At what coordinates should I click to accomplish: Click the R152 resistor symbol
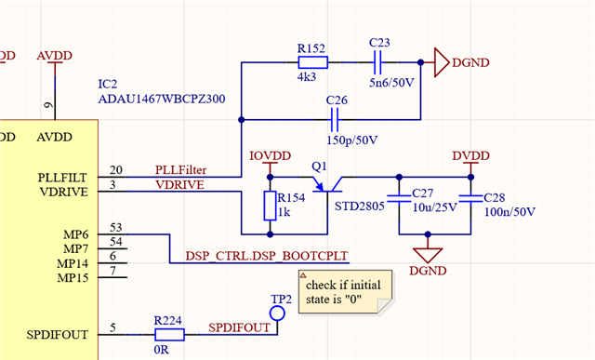(312, 62)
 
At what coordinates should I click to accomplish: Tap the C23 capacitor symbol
(377, 62)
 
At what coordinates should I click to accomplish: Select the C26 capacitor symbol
(335, 120)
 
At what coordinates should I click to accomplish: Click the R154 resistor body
(270, 206)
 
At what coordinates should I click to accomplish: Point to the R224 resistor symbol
(169, 335)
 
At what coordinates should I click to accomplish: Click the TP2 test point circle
(277, 313)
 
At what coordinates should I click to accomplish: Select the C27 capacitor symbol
(399, 200)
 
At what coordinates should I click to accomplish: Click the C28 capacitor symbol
(470, 200)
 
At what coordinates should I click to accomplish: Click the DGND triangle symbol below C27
(428, 255)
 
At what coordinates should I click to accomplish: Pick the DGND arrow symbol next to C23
(442, 62)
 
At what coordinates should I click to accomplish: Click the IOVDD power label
(270, 155)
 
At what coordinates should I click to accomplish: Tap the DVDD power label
(470, 155)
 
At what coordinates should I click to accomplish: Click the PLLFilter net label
(180, 169)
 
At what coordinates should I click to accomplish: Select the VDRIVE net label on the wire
(179, 185)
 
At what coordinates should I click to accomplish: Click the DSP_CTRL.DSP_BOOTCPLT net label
(267, 256)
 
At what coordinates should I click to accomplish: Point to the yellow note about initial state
(345, 292)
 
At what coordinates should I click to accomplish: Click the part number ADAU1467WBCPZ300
(162, 99)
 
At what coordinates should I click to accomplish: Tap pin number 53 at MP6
(115, 228)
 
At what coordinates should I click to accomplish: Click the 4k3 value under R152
(307, 77)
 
